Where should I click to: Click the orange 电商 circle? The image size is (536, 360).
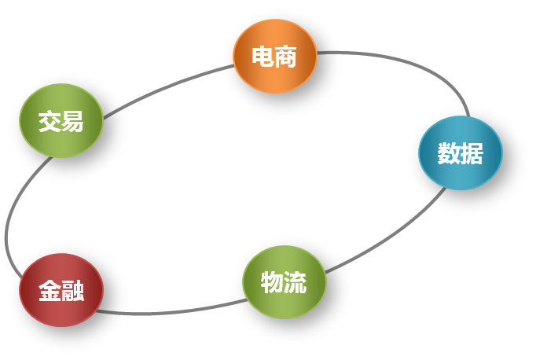[275, 57]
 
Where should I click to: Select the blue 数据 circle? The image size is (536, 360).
[461, 152]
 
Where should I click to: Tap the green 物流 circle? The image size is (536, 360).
[285, 282]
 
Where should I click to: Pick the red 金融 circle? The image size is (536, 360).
[61, 290]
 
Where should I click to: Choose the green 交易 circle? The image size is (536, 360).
[61, 121]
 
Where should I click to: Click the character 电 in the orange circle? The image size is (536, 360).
[262, 57]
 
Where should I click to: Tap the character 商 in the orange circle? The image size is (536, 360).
[285, 57]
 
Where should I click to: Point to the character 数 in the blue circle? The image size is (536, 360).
[449, 153]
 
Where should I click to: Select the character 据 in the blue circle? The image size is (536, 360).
[472, 153]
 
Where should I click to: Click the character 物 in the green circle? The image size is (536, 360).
[272, 282]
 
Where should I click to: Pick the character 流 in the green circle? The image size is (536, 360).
[296, 282]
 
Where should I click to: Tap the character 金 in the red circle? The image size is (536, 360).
[50, 290]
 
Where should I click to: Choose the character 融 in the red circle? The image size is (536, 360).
[72, 290]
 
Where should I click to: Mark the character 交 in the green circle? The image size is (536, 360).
[50, 121]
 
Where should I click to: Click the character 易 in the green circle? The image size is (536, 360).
[72, 121]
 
